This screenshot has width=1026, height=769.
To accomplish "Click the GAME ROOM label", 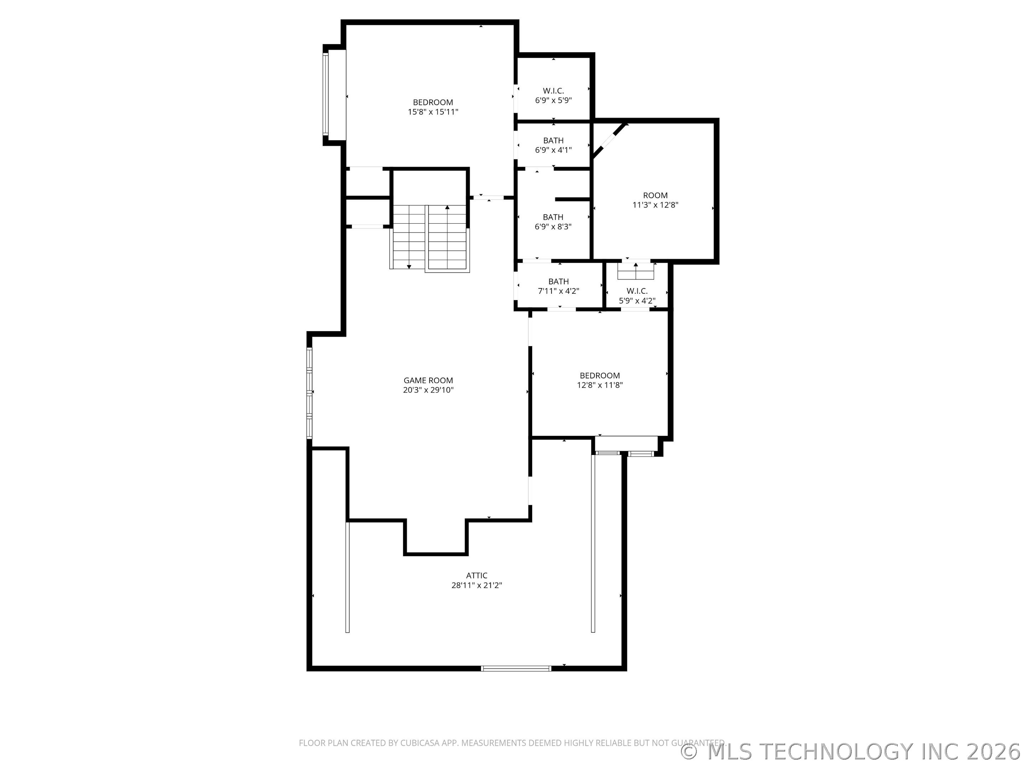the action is click(428, 381).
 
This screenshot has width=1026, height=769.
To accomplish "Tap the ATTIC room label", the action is click(477, 576).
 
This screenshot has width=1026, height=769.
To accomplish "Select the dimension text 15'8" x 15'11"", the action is click(433, 112).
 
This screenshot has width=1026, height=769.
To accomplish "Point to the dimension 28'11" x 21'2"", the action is click(477, 585).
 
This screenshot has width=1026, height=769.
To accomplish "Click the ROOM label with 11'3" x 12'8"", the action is click(655, 195).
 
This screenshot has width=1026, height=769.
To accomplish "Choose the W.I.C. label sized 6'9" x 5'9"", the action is click(553, 91).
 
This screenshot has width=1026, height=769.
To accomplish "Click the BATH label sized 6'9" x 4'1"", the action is click(553, 141).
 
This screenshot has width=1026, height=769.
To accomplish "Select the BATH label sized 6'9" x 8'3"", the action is click(553, 217).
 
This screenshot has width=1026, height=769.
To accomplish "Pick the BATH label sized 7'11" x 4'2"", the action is click(559, 281).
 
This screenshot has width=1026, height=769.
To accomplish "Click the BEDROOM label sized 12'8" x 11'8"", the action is click(600, 376).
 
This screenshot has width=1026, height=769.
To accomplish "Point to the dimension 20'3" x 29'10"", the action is click(428, 390).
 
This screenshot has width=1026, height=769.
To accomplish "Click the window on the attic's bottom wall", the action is click(516, 668).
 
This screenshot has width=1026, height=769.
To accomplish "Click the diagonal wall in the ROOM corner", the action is click(610, 141).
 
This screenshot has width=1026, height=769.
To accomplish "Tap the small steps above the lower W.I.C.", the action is click(636, 271).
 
